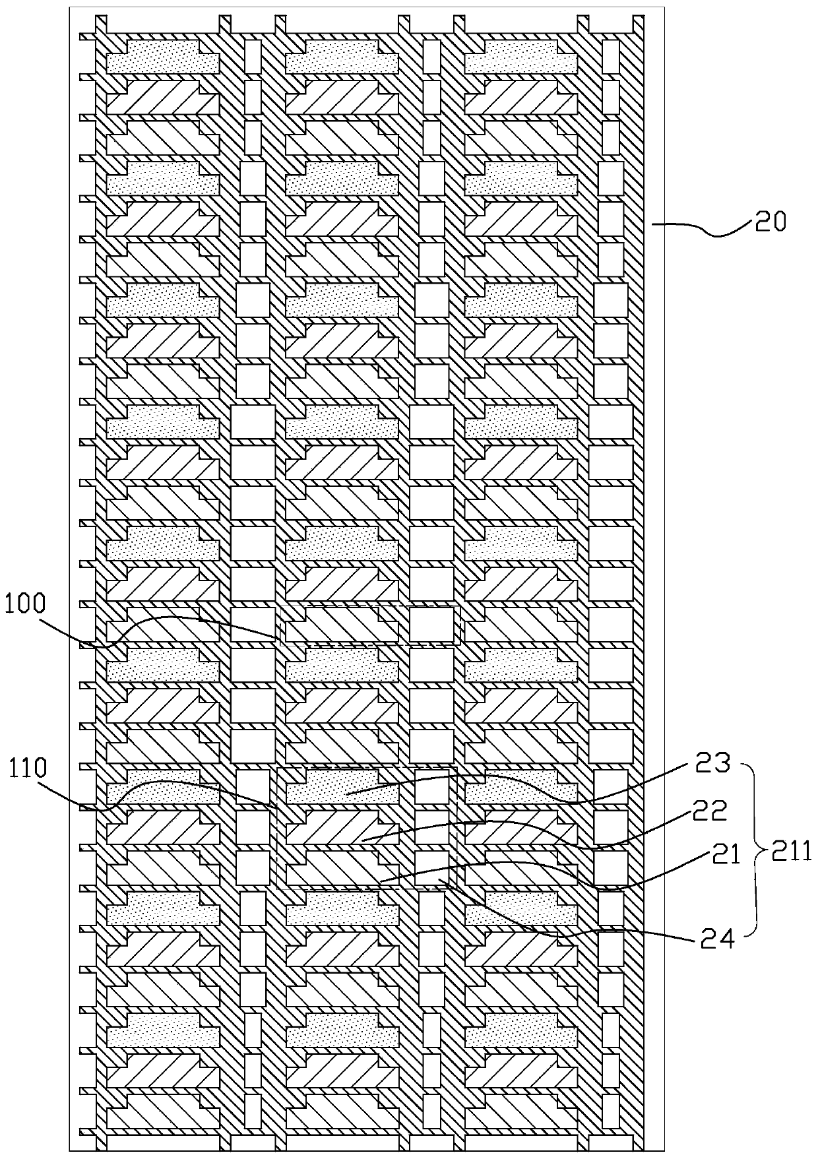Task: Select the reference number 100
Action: coord(23,604)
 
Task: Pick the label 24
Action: coord(716,939)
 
